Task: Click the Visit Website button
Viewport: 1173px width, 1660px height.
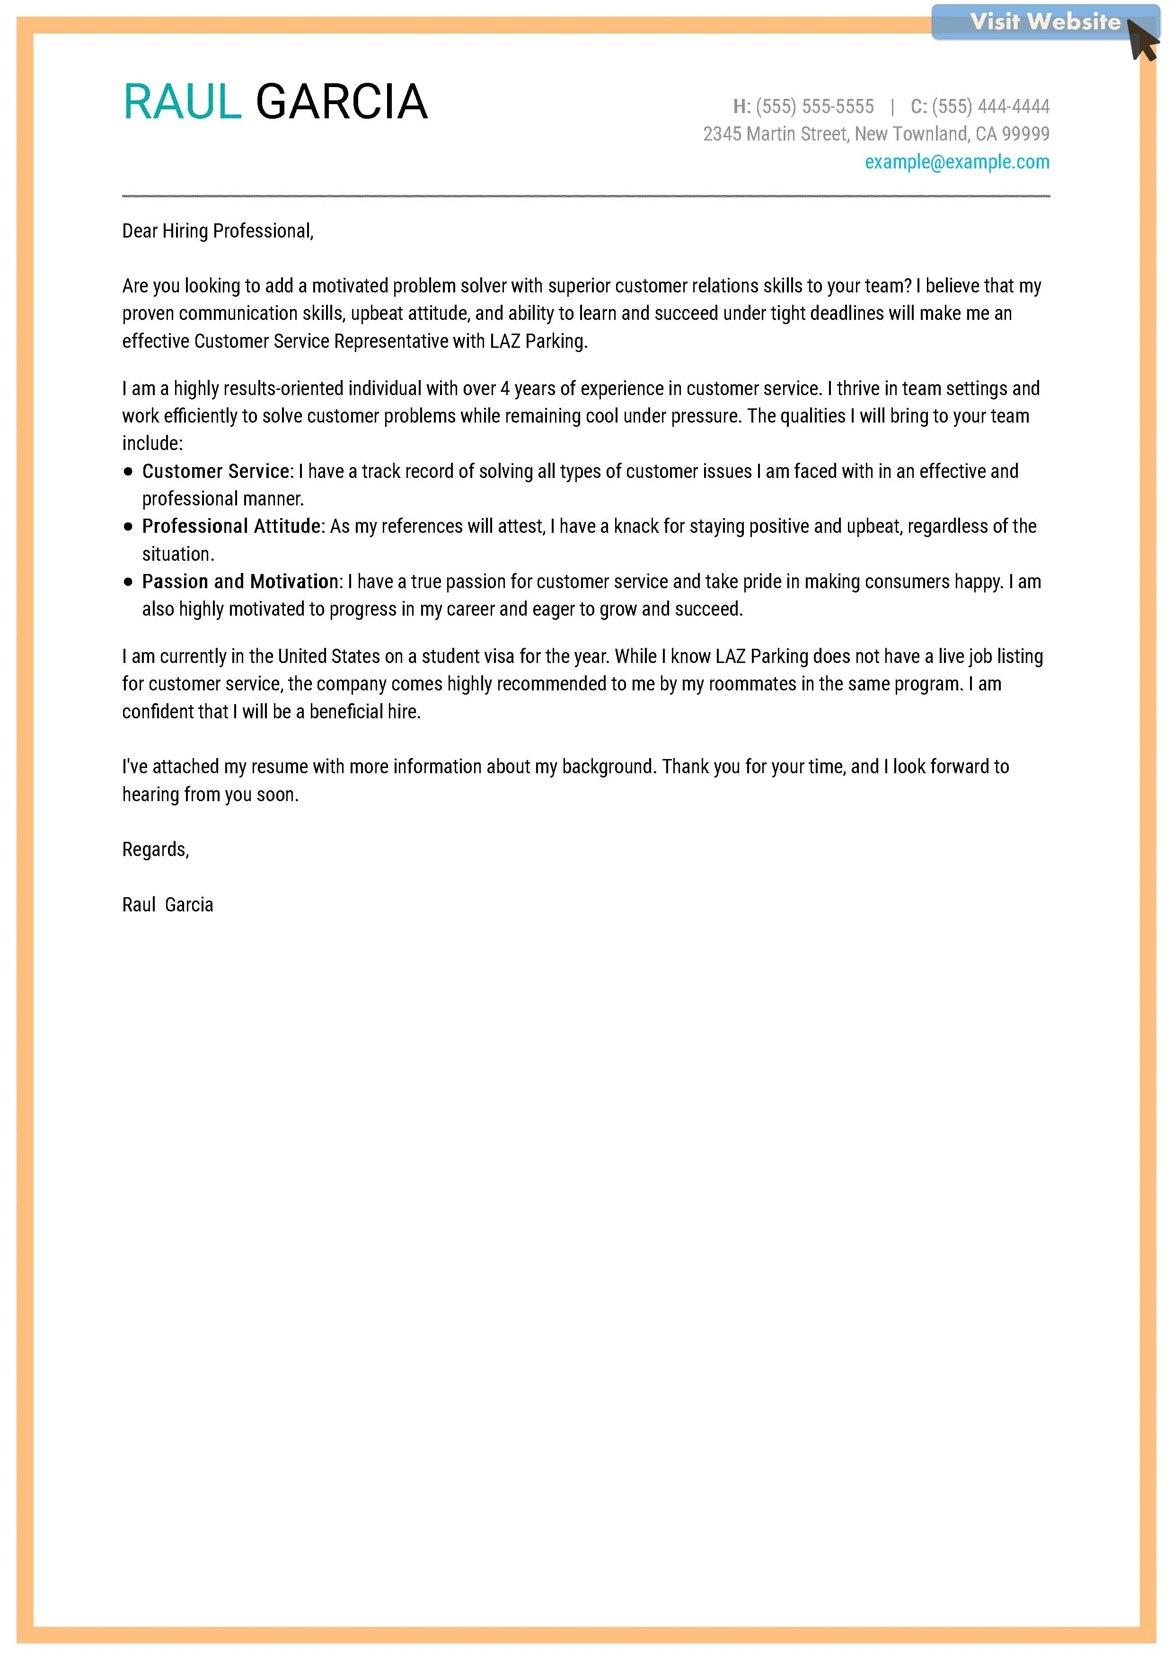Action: [x=1044, y=22]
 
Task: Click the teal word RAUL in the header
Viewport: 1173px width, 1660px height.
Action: [x=182, y=101]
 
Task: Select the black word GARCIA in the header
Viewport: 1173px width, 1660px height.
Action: [x=342, y=101]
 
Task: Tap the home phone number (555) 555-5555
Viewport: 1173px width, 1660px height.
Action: [x=814, y=107]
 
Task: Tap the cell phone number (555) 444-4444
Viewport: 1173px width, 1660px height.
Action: [x=990, y=107]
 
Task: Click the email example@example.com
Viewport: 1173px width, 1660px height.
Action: [x=956, y=162]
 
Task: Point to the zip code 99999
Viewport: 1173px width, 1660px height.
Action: [x=1025, y=134]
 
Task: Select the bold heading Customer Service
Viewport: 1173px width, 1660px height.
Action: [x=215, y=471]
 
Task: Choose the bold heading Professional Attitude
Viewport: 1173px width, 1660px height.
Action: [x=231, y=526]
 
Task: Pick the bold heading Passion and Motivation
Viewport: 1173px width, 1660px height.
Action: [x=240, y=582]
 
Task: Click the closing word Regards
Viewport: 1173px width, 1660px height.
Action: [x=155, y=849]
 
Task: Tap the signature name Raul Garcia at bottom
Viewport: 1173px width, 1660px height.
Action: [x=168, y=905]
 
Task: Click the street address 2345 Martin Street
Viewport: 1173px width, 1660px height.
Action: [x=775, y=134]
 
